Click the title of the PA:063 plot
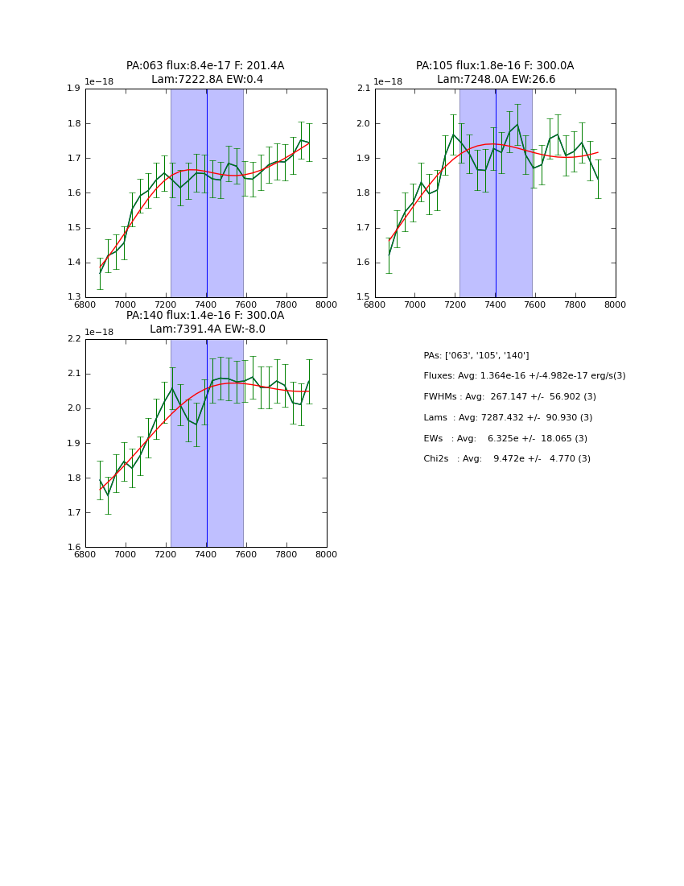pyautogui.click(x=205, y=72)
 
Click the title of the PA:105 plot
pyautogui.click(x=495, y=72)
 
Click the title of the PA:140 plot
pyautogui.click(x=205, y=322)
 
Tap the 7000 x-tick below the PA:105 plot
pyautogui.click(x=414, y=305)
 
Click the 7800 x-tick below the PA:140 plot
pyautogui.click(x=286, y=555)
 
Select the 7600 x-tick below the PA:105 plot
pyautogui.click(x=535, y=305)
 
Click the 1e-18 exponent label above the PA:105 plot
pyautogui.click(x=388, y=82)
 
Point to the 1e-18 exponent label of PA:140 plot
pyautogui.click(x=98, y=332)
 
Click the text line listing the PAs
pyautogui.click(x=476, y=355)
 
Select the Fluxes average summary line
pyautogui.click(x=524, y=376)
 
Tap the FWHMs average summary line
pyautogui.click(x=509, y=397)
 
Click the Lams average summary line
pyautogui.click(x=508, y=418)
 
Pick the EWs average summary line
pyautogui.click(x=505, y=439)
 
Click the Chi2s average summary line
pyautogui.click(x=507, y=459)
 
